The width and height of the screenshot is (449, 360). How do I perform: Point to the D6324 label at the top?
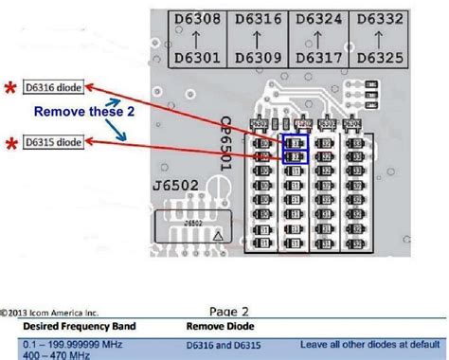point(315,20)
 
